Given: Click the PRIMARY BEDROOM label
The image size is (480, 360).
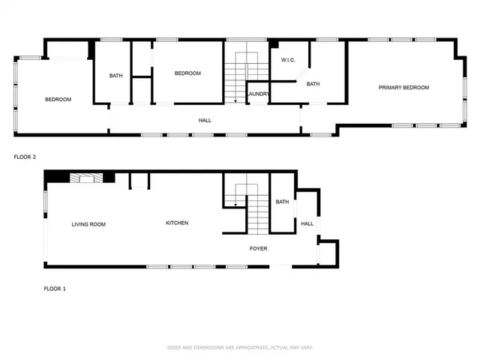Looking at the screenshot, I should [x=403, y=88].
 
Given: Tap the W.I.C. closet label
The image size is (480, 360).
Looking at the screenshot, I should [x=289, y=60].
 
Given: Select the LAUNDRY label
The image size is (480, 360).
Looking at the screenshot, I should [x=259, y=94].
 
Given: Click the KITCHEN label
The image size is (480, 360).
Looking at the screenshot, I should [x=177, y=223].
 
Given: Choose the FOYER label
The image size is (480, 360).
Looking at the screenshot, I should [x=258, y=248].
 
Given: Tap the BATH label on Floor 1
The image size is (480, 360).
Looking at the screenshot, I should [x=282, y=202].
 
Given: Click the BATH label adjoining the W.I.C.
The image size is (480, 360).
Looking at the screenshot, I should [x=313, y=84].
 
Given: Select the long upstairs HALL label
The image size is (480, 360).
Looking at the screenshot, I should [x=204, y=120].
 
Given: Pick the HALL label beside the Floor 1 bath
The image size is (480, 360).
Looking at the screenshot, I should [x=307, y=223].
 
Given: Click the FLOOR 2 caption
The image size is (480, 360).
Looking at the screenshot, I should [x=25, y=157].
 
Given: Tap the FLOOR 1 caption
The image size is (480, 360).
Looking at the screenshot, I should [x=55, y=288].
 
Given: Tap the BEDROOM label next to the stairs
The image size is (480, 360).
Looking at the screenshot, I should [x=187, y=73].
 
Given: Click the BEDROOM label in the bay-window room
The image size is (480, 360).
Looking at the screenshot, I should [x=58, y=100].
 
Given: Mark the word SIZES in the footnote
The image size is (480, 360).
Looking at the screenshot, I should [x=173, y=347].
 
